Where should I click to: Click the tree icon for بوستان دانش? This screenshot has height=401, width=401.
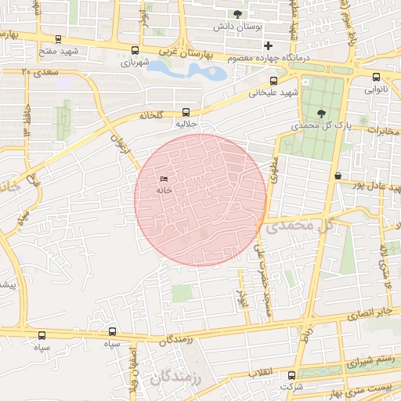pyautogui.click(x=238, y=13)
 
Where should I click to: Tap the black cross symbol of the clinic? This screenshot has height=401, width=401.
pyautogui.click(x=269, y=45)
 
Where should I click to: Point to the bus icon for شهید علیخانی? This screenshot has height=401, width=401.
pyautogui.click(x=273, y=81)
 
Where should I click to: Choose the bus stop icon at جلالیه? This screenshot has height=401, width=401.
pyautogui.click(x=186, y=111)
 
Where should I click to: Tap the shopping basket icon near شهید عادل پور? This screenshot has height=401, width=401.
pyautogui.click(x=338, y=175)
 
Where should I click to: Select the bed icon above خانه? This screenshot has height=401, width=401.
pyautogui.click(x=164, y=179)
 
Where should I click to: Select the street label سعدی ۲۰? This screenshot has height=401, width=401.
pyautogui.click(x=38, y=71)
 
